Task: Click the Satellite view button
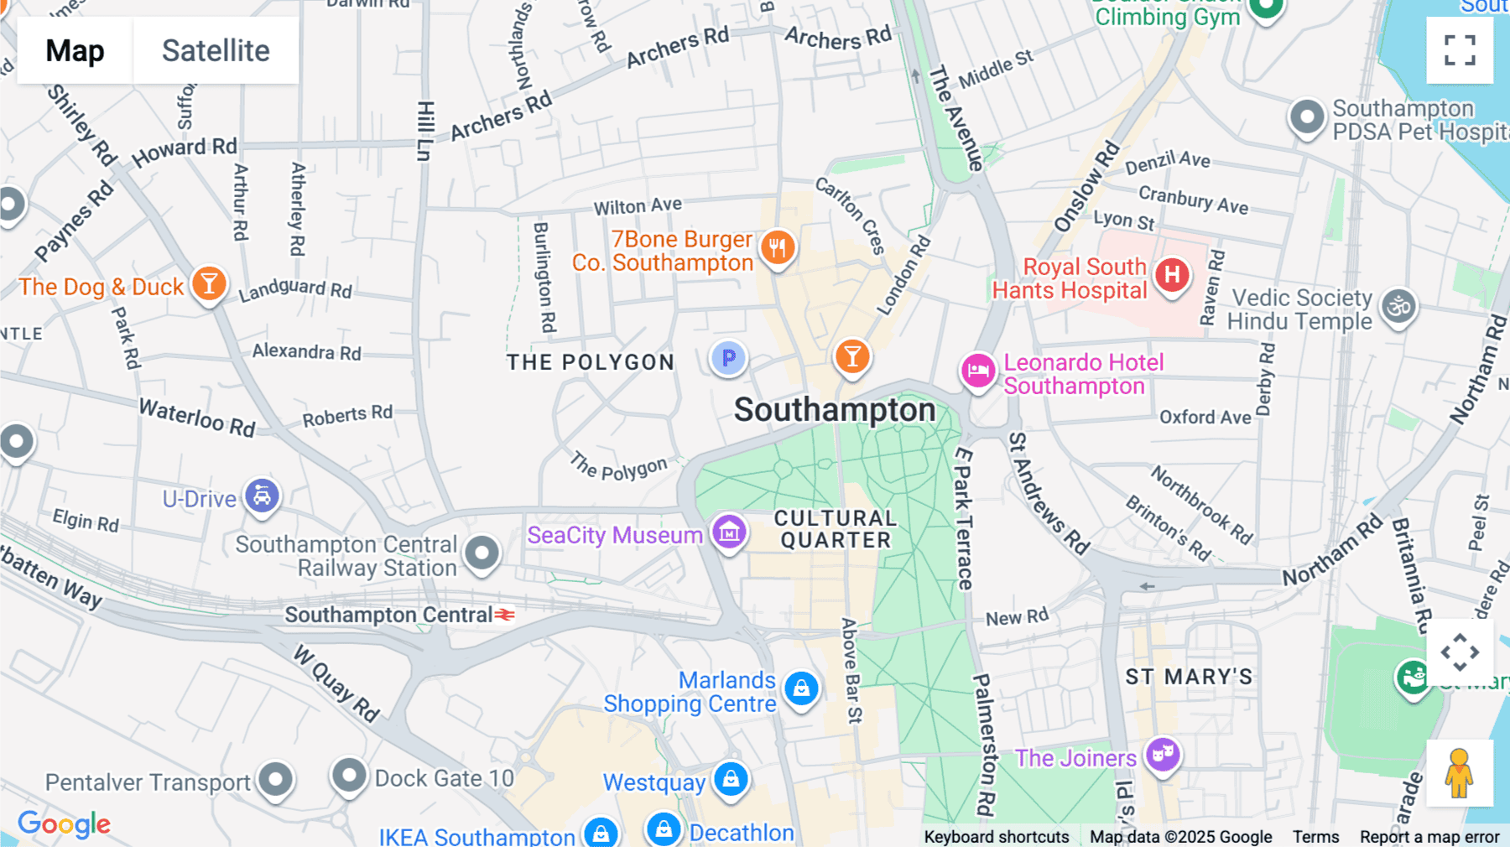point(216,50)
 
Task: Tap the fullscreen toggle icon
point(1460,50)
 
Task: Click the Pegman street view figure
point(1459,773)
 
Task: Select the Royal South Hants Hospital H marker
point(1172,275)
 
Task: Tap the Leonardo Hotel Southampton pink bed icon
point(978,370)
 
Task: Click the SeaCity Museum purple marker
point(729,532)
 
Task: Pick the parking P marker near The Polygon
point(728,358)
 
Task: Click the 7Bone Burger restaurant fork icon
point(778,247)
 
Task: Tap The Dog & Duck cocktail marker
point(209,284)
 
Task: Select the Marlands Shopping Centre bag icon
point(801,689)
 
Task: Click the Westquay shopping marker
point(731,779)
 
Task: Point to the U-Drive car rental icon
point(262,496)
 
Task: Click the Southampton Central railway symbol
point(504,615)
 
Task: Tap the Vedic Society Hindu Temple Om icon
point(1398,307)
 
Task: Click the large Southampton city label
point(835,410)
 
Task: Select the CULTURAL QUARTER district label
point(836,529)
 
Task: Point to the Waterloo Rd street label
point(197,418)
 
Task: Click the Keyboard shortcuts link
point(996,836)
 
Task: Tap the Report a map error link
point(1429,836)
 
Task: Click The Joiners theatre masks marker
point(1163,755)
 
